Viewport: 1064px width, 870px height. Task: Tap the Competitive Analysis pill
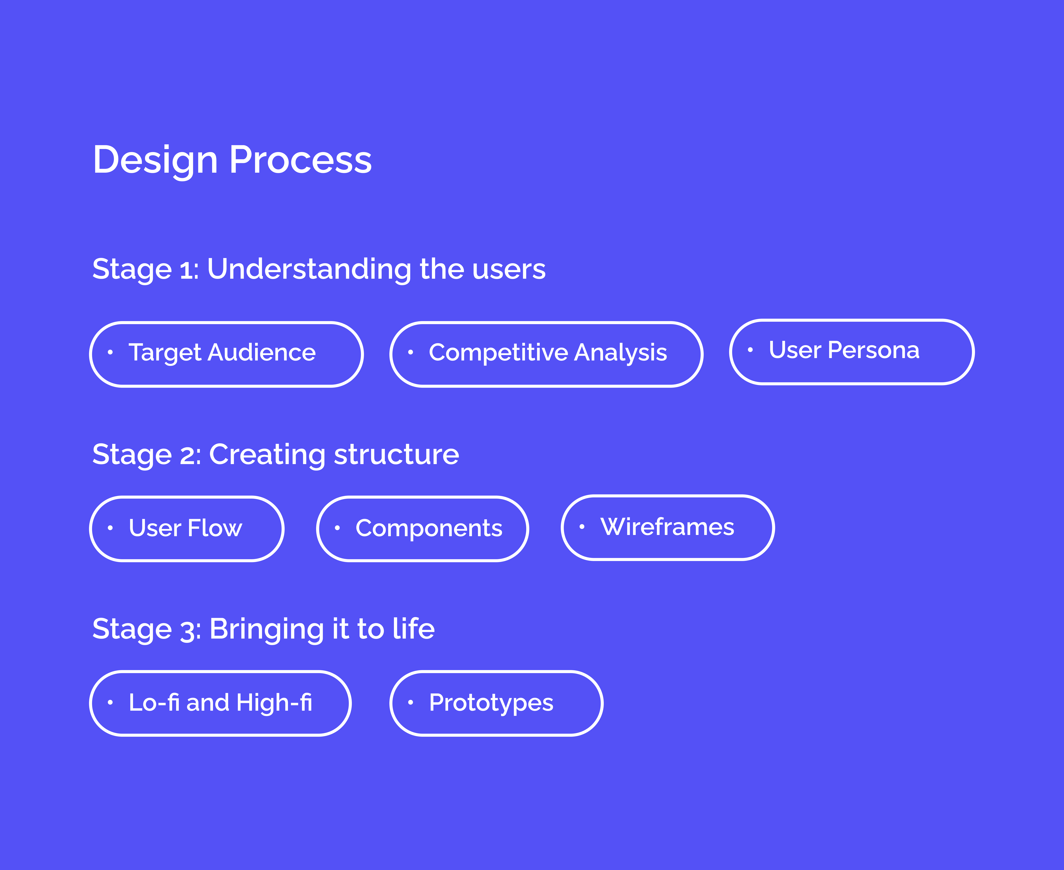tap(547, 354)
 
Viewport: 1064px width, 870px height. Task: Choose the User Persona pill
tap(852, 352)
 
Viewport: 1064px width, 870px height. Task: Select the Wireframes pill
tap(668, 527)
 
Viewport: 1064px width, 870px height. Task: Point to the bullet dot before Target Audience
tap(110, 352)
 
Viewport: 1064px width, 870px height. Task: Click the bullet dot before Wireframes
tap(582, 526)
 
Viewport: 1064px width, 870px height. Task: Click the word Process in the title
tap(301, 160)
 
